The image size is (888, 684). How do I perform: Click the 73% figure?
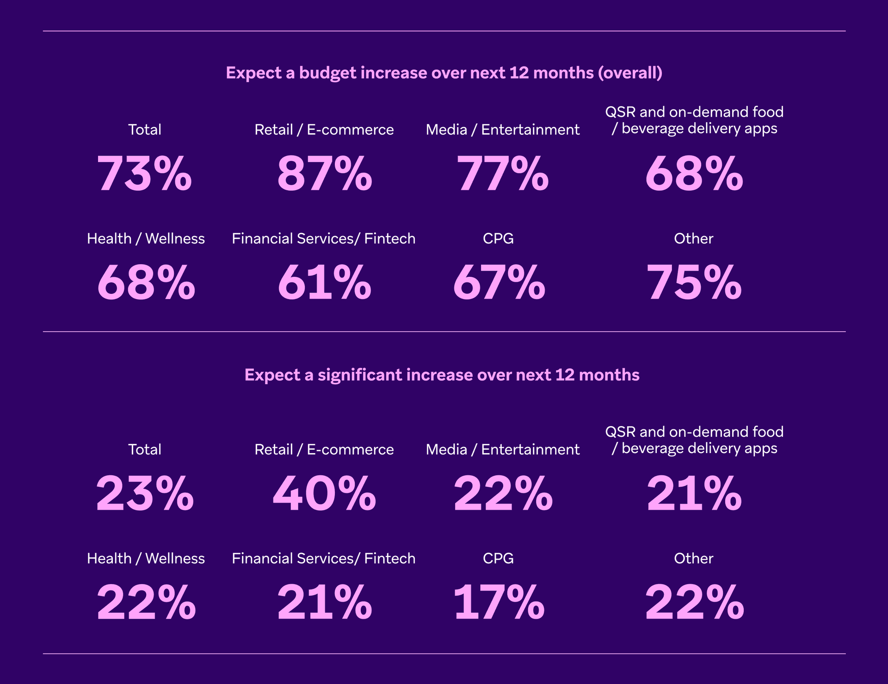point(144,174)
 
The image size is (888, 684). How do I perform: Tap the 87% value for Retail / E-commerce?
point(324,174)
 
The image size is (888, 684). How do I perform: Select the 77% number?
point(502,174)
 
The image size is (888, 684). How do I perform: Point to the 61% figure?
point(324,282)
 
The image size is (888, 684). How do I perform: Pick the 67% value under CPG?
point(499,282)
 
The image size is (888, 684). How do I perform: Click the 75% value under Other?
point(694,282)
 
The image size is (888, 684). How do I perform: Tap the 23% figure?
point(145,494)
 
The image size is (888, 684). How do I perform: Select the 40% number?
point(324,494)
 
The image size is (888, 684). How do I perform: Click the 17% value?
point(499,603)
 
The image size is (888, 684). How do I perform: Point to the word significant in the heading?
point(360,375)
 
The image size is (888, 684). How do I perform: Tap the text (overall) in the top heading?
point(630,73)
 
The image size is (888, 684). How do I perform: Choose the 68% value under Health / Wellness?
point(146,282)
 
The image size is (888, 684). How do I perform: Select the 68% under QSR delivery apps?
point(694,174)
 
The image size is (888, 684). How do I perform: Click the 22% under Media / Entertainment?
point(503,494)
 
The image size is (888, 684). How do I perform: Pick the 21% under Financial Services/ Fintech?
point(324,603)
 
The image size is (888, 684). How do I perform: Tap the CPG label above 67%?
point(498,238)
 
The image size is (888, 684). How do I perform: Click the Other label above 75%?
point(693,238)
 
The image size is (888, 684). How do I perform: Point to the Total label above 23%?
point(145,449)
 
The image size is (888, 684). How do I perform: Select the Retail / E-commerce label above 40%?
point(324,449)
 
